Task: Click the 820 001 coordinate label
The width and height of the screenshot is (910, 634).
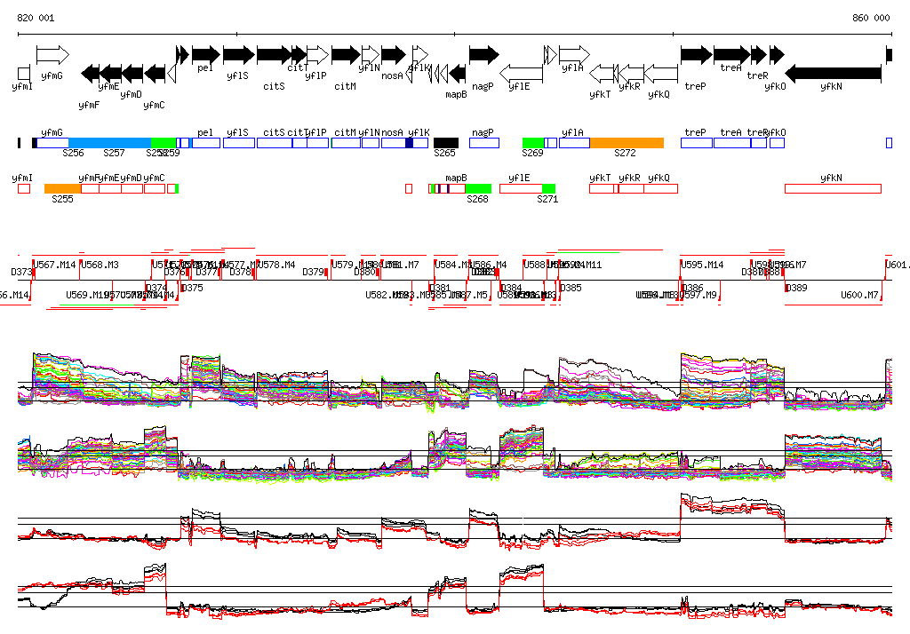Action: [36, 18]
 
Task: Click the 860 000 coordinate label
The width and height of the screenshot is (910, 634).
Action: [871, 18]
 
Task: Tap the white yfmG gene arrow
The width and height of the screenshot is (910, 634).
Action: [52, 55]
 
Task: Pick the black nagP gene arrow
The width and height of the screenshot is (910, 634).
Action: [483, 55]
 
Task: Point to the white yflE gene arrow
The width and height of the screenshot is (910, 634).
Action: [522, 73]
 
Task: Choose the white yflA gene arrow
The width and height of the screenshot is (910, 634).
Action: [574, 55]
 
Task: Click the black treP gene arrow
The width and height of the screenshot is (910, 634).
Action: [696, 55]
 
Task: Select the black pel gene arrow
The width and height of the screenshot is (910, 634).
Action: [205, 55]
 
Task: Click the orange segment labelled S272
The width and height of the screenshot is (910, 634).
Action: [627, 143]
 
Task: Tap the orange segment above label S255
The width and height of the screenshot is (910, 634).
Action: [62, 188]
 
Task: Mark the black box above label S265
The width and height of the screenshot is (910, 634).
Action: [446, 143]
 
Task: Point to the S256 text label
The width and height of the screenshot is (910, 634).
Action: [73, 154]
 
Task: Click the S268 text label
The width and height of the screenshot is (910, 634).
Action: [478, 200]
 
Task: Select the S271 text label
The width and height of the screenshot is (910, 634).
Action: [547, 200]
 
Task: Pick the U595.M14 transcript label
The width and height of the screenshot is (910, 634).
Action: [702, 265]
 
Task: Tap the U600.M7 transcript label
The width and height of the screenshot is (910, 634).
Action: [859, 295]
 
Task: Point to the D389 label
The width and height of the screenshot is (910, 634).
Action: [797, 288]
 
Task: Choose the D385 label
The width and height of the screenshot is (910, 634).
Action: [571, 288]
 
